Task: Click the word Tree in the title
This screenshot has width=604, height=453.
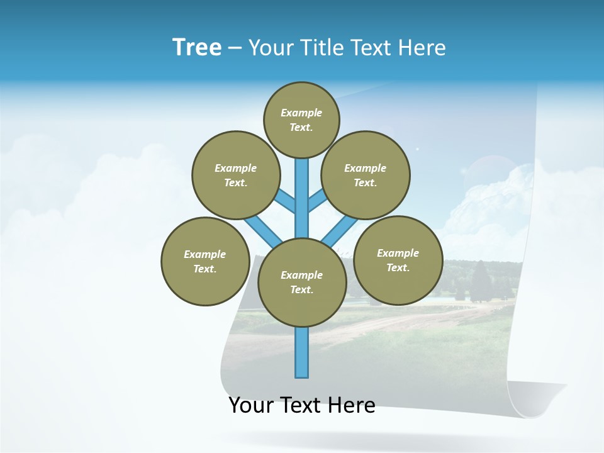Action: tap(197, 48)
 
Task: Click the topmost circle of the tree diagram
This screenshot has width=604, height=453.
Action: tap(301, 120)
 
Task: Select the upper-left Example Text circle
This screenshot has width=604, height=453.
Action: tap(235, 175)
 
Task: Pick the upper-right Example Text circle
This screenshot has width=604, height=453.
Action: tap(366, 175)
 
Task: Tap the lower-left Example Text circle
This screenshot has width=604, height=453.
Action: tap(205, 261)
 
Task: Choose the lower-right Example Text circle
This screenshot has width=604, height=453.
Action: tap(398, 260)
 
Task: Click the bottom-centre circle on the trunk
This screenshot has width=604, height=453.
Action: tap(302, 282)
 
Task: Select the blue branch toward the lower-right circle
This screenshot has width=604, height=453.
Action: tap(340, 231)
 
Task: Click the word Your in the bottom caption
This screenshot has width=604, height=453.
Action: tap(250, 405)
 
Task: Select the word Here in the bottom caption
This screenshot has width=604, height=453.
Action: tap(354, 405)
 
